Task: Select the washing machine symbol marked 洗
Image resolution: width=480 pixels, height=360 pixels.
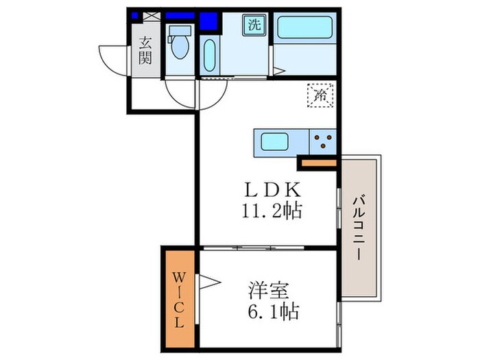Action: click(254, 26)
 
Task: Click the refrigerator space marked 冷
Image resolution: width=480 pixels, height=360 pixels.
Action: click(320, 95)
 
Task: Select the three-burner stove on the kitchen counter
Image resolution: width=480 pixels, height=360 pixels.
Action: click(323, 143)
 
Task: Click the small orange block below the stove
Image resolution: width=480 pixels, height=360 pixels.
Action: click(318, 163)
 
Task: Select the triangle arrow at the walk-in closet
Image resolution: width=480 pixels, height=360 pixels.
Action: click(208, 281)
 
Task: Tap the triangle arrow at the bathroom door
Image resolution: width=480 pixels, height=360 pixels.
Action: click(278, 70)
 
